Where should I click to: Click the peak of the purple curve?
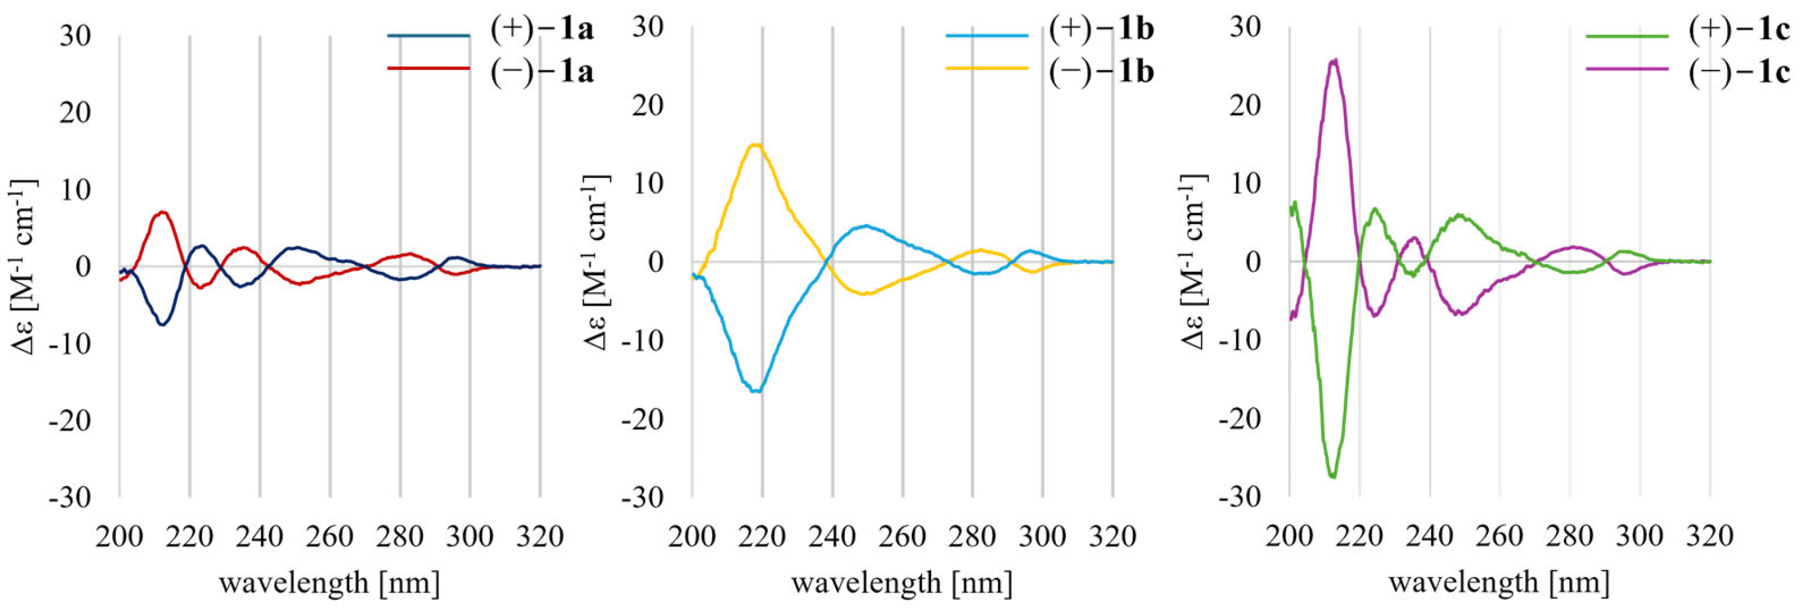pyautogui.click(x=1334, y=61)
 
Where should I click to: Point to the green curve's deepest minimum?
pyautogui.click(x=1332, y=476)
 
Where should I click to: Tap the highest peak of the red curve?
pyautogui.click(x=162, y=212)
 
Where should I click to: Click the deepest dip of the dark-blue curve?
pyautogui.click(x=162, y=325)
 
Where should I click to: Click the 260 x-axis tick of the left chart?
pyautogui.click(x=330, y=537)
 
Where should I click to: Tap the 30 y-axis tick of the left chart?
pyautogui.click(x=75, y=35)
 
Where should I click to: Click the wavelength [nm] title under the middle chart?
pyautogui.click(x=902, y=582)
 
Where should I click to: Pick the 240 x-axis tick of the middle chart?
pyautogui.click(x=832, y=537)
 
